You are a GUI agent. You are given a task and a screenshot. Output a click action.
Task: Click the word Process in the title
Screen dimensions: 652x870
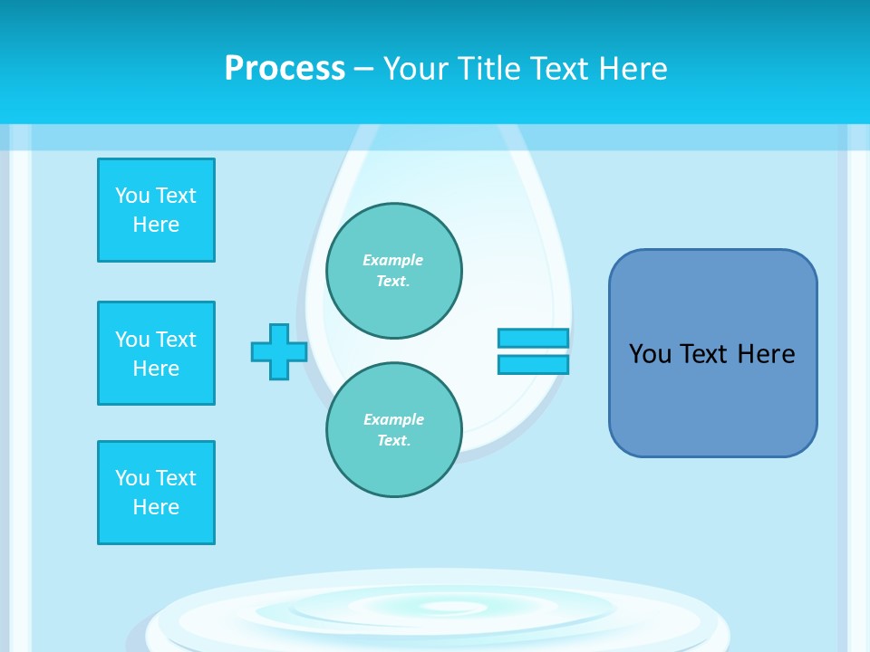285,69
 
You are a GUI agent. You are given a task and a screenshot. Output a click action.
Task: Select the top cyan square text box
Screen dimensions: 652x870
156,210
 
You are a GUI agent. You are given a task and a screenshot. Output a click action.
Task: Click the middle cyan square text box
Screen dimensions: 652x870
156,353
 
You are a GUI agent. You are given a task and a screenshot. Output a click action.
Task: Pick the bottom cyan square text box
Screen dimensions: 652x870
156,493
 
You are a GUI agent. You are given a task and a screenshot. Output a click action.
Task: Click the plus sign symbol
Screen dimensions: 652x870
279,351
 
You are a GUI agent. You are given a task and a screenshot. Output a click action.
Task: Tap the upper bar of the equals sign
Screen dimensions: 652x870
533,338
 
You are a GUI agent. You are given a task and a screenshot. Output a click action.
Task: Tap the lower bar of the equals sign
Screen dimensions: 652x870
533,364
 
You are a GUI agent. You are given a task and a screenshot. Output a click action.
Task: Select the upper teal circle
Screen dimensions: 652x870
394,271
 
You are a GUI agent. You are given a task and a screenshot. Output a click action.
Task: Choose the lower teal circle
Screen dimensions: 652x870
394,430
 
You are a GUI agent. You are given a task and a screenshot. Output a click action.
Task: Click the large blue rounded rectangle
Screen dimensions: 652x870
712,353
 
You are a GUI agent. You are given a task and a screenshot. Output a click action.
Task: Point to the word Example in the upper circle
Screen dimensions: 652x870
393,260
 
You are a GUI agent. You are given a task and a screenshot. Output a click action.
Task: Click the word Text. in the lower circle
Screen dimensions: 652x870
393,441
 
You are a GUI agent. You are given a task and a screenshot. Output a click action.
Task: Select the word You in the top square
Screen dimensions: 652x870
132,196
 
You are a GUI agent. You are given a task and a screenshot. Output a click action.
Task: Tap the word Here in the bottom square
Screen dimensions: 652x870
156,507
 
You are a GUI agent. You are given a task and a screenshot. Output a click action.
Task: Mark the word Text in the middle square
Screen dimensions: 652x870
176,340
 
